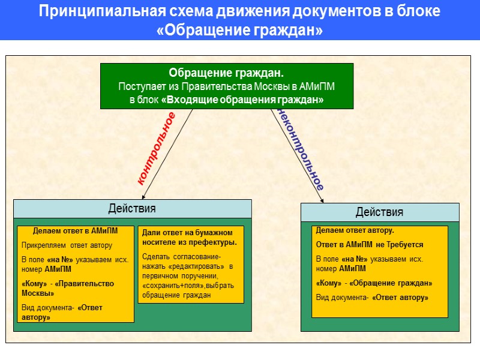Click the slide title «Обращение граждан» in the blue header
coord(239,30)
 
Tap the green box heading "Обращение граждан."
coord(226,73)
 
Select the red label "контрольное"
coord(157,147)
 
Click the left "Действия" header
coord(132,209)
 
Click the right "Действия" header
coord(379,212)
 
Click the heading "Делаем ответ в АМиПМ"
coord(75,230)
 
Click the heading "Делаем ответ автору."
coord(355,230)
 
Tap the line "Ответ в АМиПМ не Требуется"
coord(370,245)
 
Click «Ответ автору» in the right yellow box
coord(400,298)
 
